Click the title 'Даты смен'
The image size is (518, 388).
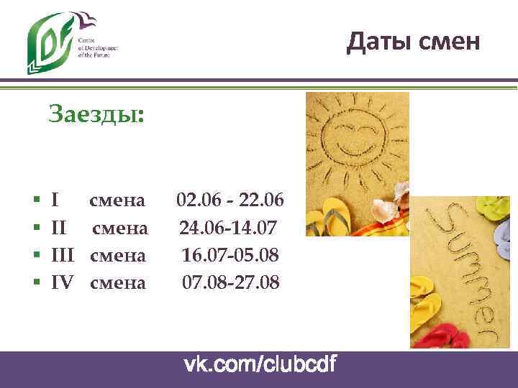[412, 42]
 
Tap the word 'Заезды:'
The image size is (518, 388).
[96, 114]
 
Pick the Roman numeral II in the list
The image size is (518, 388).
[60, 228]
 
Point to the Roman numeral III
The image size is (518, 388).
[63, 255]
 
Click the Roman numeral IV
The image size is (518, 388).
[63, 282]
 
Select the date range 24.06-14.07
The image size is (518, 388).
[227, 228]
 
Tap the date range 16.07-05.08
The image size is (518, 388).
[230, 255]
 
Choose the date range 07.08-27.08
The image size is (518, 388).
[230, 282]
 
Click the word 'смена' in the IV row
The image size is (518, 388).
[118, 282]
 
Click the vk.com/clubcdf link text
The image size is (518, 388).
[260, 365]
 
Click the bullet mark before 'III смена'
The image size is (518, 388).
[36, 256]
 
